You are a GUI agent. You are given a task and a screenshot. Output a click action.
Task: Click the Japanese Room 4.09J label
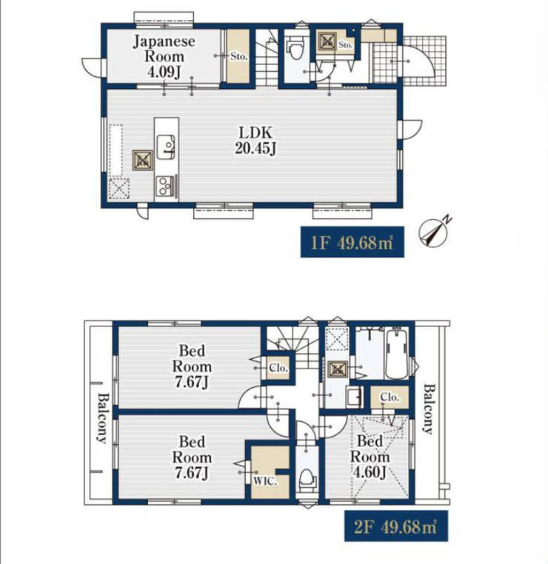[164, 56]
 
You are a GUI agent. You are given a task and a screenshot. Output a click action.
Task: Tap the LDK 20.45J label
[255, 141]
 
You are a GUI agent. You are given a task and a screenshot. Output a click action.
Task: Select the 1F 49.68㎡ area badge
[352, 242]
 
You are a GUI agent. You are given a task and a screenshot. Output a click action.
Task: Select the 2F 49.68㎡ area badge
[396, 526]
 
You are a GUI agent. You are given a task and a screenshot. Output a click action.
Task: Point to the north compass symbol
[435, 231]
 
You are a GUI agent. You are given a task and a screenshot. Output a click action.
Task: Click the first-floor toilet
[295, 50]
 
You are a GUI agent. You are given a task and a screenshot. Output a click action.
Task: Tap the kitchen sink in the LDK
[166, 147]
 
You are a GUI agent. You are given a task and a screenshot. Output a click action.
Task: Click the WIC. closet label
[265, 481]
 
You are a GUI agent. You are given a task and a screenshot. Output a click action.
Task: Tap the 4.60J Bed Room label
[370, 457]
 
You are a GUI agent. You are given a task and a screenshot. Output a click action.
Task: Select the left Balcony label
[103, 418]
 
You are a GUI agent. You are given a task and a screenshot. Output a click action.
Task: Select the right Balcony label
[429, 409]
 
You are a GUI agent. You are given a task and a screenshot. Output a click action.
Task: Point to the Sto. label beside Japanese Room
[238, 56]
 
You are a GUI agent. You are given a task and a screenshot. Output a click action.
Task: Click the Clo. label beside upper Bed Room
[278, 368]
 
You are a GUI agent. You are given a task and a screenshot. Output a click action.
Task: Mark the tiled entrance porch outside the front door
[422, 61]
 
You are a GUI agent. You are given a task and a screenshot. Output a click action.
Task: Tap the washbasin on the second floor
[354, 397]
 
